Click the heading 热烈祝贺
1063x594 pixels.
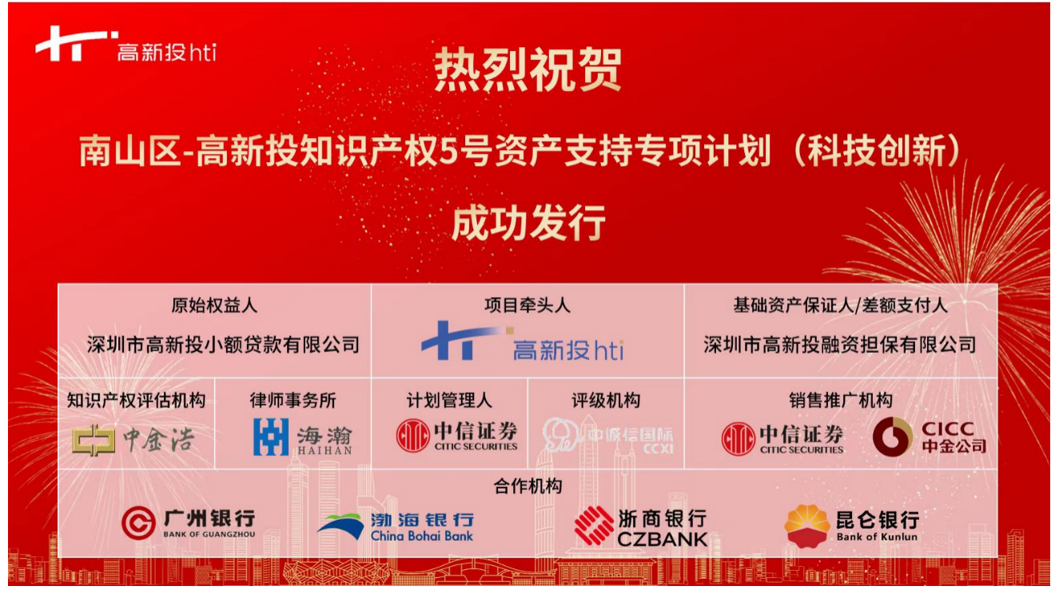pos(528,69)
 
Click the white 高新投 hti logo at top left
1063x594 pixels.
pos(125,44)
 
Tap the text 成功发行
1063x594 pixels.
pos(528,223)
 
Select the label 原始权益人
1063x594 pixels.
pos(214,305)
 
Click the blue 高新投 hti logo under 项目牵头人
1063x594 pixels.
pos(523,341)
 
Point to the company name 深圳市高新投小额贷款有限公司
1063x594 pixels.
pos(223,345)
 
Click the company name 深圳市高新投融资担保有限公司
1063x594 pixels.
pos(839,345)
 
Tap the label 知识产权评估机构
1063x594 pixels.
pos(136,401)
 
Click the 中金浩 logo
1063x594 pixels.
pos(133,440)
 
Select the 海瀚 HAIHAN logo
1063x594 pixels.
pos(303,437)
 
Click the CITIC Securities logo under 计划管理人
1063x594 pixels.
pos(456,435)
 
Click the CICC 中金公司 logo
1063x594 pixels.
pos(930,437)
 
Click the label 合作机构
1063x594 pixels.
pos(528,486)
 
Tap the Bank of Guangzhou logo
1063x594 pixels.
pos(189,523)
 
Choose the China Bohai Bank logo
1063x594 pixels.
pos(396,527)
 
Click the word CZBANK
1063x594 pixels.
pos(663,539)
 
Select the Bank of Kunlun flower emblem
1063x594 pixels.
pos(806,525)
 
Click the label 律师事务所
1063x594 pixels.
pos(293,401)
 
